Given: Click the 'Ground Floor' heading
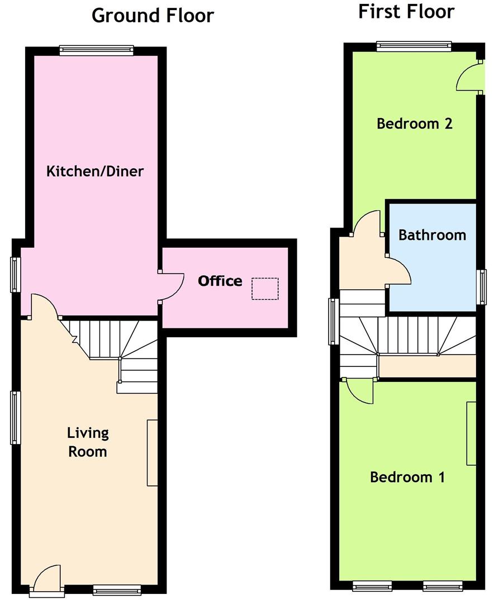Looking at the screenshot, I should [x=153, y=15].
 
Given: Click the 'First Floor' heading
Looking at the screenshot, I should [x=406, y=12].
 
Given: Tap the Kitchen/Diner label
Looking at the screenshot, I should [x=95, y=171].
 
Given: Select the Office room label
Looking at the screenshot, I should [x=220, y=281].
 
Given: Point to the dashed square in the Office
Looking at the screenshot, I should [x=265, y=289].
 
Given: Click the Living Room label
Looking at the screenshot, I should [x=88, y=442].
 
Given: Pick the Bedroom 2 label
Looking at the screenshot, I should [x=414, y=124].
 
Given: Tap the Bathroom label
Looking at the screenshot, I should [x=432, y=235].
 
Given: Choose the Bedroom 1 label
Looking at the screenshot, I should [x=407, y=478].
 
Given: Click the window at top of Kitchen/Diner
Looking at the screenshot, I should [x=97, y=51].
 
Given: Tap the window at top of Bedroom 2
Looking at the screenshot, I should [x=414, y=46].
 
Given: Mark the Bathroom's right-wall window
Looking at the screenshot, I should [x=481, y=287].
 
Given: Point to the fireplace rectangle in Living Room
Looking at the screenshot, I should [x=153, y=452].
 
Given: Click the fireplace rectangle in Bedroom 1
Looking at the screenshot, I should [x=471, y=433].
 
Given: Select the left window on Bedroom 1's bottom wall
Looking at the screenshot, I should [x=371, y=586].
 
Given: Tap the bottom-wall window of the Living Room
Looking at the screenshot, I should [x=117, y=589].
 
